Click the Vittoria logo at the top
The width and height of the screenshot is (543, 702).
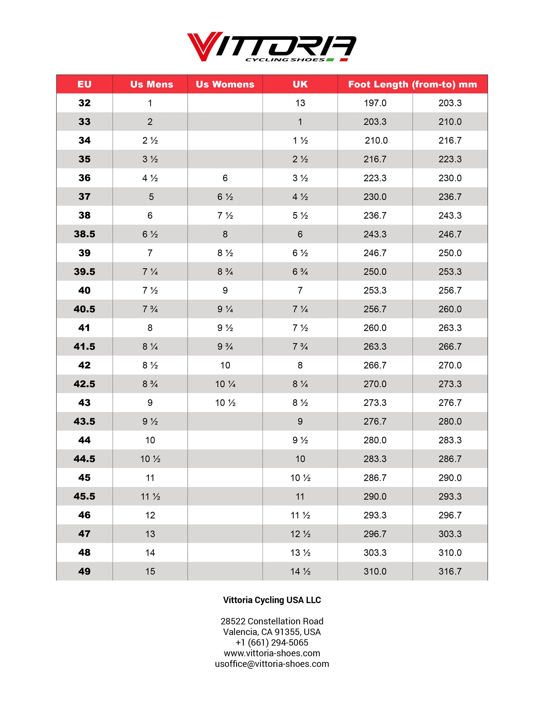coord(271,47)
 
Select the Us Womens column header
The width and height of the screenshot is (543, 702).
coord(225,84)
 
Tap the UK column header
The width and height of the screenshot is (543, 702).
coord(300,84)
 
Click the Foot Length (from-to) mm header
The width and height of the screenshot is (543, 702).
coord(412,84)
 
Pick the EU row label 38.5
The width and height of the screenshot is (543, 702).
coord(84,234)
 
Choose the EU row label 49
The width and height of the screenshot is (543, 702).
coord(84,571)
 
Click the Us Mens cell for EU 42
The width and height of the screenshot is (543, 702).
coord(150,365)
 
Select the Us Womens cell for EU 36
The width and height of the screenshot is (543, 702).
coord(225,178)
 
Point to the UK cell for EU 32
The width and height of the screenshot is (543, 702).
coord(300,103)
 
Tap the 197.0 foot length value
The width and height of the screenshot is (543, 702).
coord(375,103)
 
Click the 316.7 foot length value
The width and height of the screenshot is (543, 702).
coord(450,571)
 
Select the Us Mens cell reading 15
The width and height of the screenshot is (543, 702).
coord(150,571)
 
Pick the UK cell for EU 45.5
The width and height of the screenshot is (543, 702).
coord(300,496)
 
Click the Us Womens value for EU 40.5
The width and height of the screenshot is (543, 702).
coord(225,309)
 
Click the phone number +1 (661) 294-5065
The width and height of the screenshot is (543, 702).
coord(272,643)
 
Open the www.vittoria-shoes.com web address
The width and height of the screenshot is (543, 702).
coord(272,653)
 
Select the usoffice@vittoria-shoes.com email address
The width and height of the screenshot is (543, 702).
coord(272,664)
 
